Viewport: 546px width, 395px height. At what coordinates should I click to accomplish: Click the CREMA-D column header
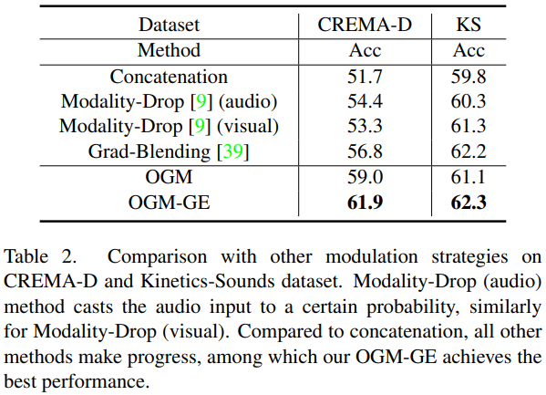coord(365,25)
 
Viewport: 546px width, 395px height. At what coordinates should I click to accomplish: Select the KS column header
coord(469,25)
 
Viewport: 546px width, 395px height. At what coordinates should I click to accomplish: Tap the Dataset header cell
coord(170,25)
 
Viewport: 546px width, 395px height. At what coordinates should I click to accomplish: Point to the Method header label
coord(169,50)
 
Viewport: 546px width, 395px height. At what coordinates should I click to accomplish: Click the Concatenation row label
coord(169,77)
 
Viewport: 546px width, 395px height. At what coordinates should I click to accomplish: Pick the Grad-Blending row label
coord(169,151)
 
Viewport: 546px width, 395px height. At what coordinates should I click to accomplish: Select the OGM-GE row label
coord(170,203)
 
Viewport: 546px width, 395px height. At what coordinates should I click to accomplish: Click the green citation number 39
coord(233,151)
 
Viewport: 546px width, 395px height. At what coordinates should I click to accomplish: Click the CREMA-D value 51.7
coord(365,77)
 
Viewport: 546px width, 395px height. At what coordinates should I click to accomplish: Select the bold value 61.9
coord(365,203)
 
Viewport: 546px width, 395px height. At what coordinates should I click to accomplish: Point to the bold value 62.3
coord(469,203)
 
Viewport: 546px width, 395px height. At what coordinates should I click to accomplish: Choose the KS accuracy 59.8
coord(469,77)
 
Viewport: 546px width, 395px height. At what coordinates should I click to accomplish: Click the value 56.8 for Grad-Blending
coord(365,151)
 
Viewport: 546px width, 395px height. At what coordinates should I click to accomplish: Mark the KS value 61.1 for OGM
coord(469,177)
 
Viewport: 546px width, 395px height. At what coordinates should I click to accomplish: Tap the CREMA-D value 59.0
coord(365,177)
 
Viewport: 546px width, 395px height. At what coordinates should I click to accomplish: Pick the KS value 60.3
coord(469,101)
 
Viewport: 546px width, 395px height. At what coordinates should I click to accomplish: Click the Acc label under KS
coord(469,50)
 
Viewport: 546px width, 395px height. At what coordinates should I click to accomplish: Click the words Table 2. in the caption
coord(40,256)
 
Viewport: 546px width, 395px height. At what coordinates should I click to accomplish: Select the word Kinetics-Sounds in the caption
coord(208,281)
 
